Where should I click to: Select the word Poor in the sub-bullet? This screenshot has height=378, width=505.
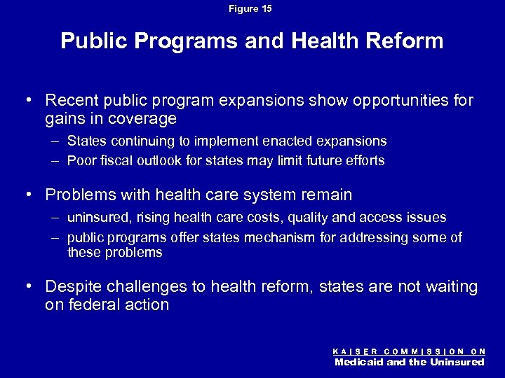click(x=81, y=160)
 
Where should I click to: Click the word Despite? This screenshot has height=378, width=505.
click(x=73, y=287)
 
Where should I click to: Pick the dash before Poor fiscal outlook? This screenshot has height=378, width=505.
click(x=56, y=160)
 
